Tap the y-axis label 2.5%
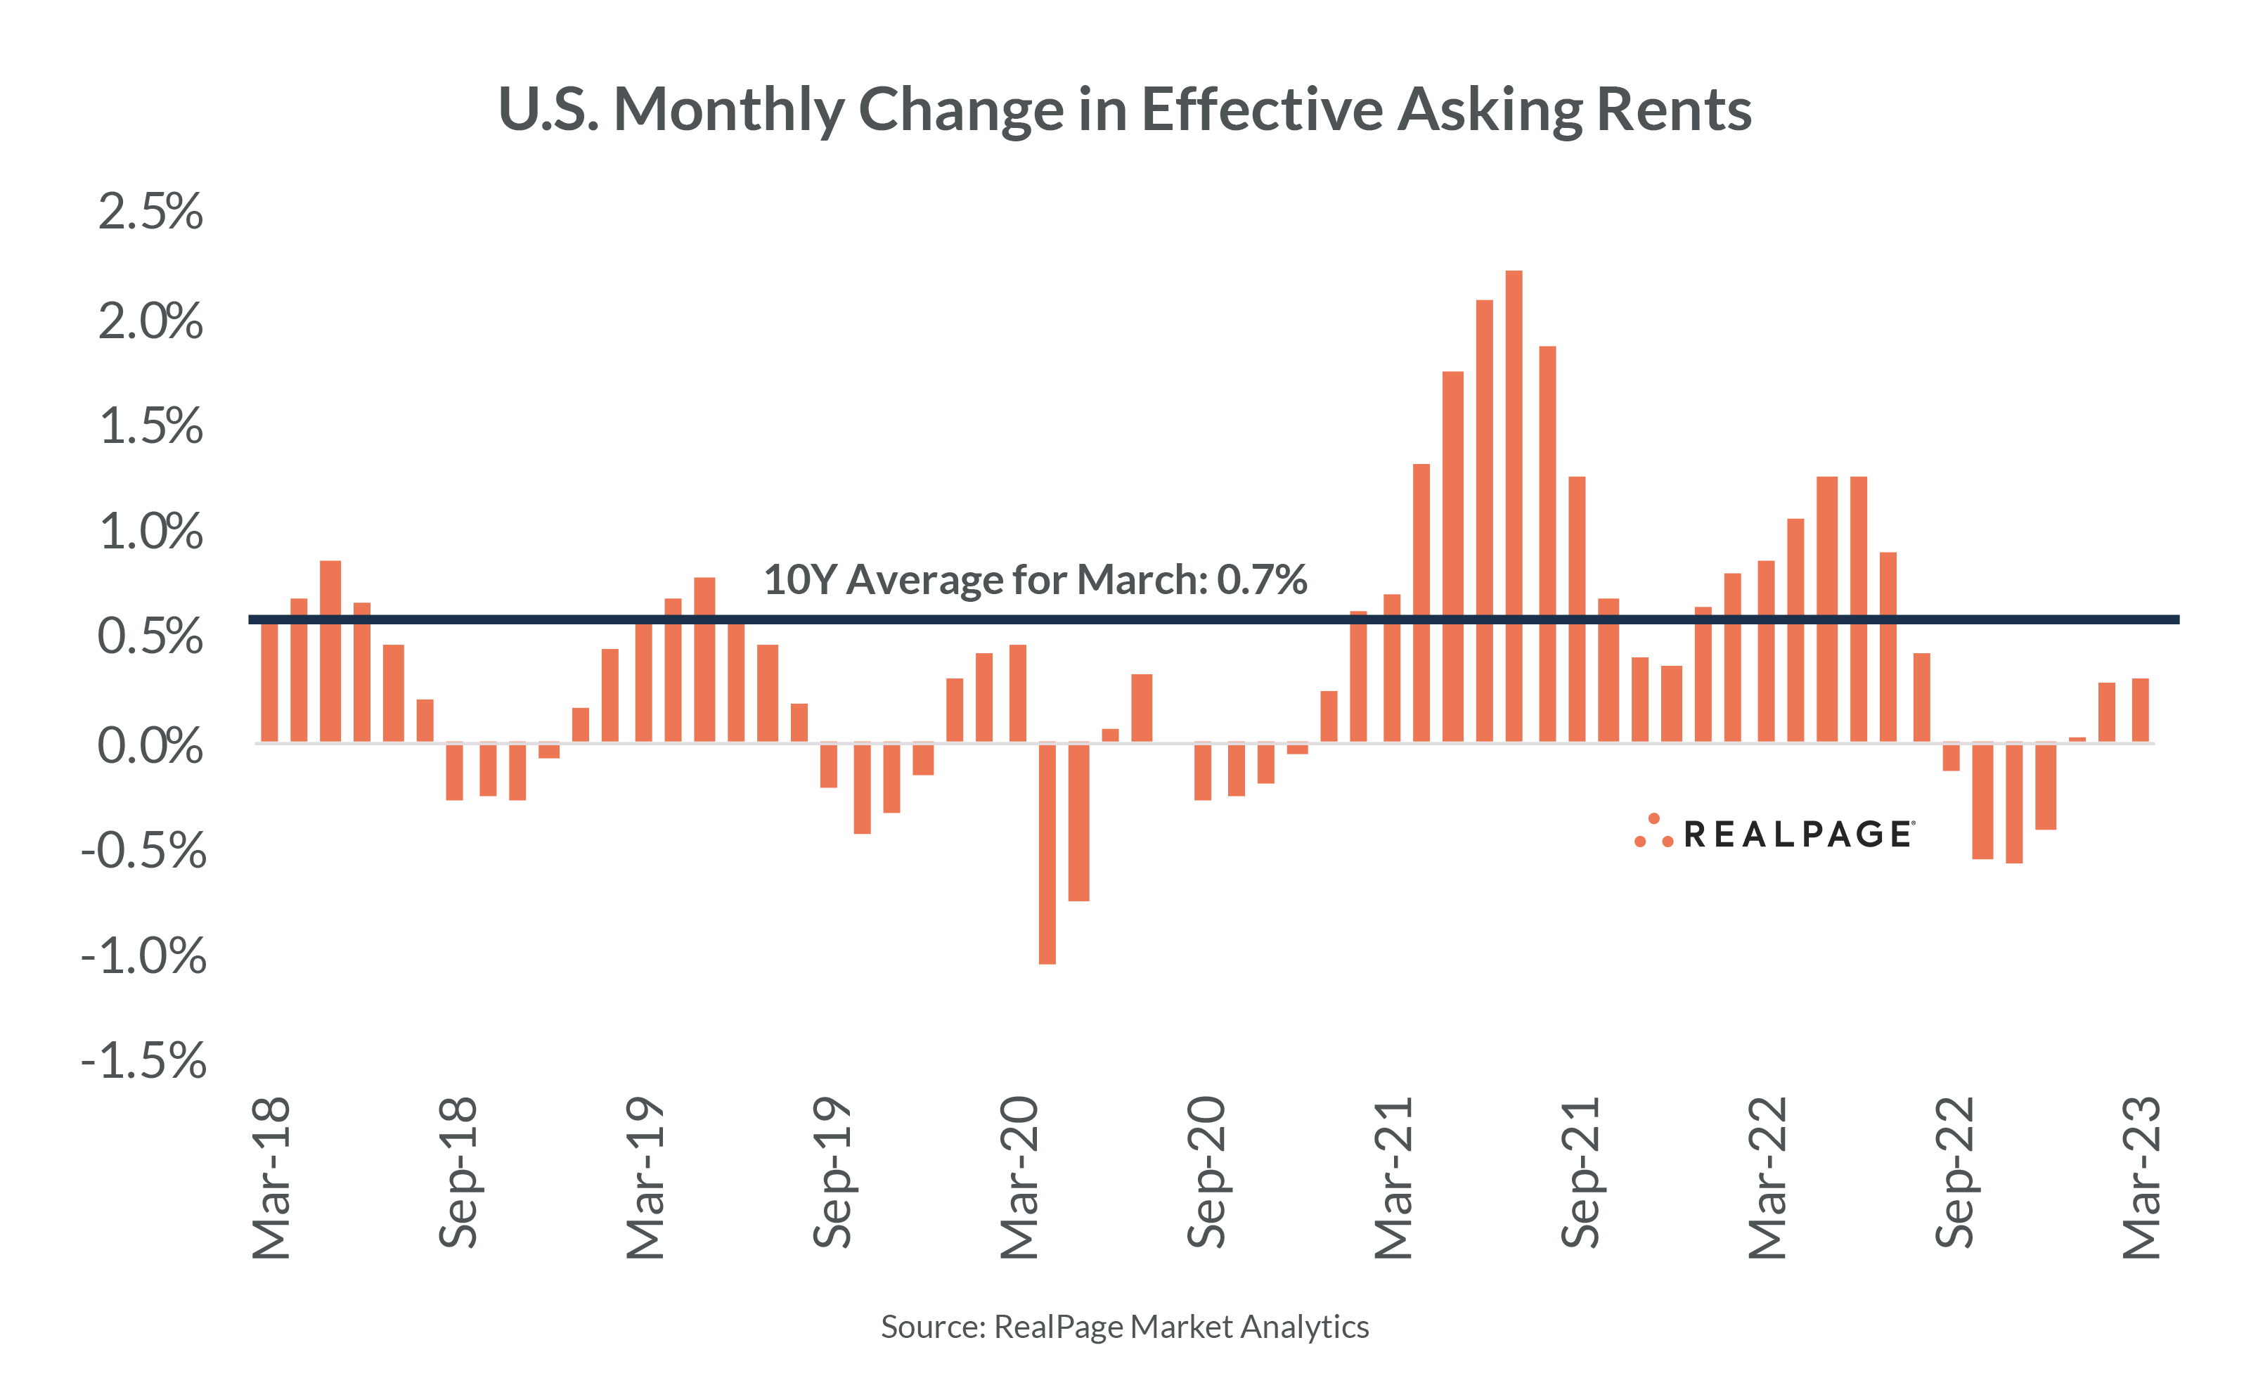[150, 212]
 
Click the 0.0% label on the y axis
[150, 745]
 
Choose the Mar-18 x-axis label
[271, 1178]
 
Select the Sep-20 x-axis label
[1206, 1173]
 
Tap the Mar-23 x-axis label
[2141, 1178]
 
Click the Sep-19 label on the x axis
[832, 1173]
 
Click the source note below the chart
[1124, 1327]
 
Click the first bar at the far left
[269, 682]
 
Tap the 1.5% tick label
[150, 427]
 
